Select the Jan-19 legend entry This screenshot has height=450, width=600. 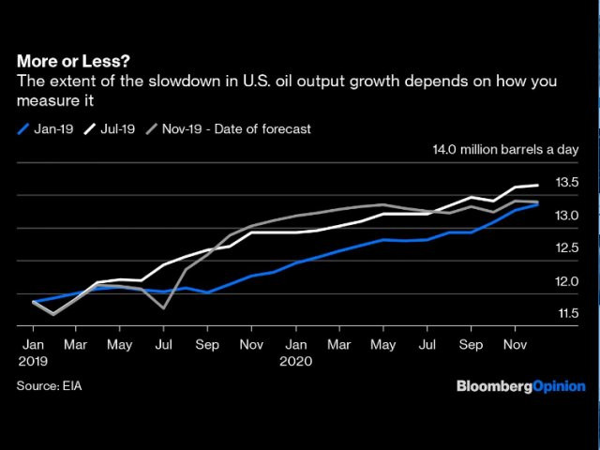47,128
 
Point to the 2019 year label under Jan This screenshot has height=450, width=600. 33,360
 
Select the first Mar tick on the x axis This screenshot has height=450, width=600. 77,345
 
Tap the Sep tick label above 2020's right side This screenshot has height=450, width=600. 471,345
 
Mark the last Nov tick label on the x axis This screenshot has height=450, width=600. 514,345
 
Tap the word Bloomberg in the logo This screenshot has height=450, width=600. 494,386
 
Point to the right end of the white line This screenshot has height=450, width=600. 537,186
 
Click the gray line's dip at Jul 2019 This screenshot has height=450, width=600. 164,307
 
